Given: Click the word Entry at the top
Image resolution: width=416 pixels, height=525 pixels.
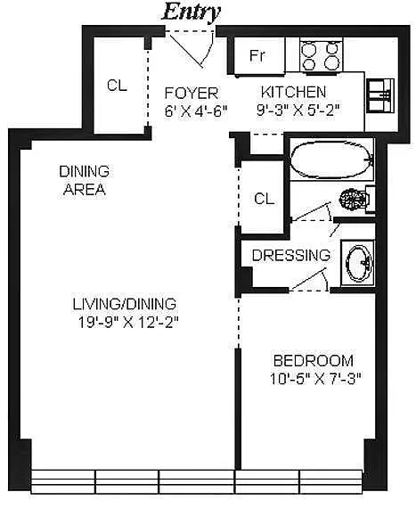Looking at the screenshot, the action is tap(192, 12).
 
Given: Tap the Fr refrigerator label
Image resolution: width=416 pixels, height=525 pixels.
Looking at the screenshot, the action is tap(257, 55).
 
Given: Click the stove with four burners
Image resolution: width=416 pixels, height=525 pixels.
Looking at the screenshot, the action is tap(322, 54).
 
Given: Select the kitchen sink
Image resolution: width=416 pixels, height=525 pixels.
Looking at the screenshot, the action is tap(380, 95).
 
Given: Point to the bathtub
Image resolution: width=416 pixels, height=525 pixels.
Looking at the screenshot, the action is tap(331, 160).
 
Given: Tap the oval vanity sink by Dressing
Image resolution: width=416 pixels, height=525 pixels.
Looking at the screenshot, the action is tap(359, 264).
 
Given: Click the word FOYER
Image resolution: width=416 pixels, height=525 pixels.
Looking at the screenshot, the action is tap(192, 93).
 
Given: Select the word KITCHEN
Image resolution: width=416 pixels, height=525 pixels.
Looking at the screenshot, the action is tap(293, 92).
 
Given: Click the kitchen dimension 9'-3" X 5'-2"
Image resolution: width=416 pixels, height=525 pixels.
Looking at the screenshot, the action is tap(298, 111).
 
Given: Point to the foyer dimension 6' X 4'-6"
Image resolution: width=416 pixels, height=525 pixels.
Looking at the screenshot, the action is tap(196, 111).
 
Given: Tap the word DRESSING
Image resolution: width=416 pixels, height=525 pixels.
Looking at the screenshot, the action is tap(291, 255).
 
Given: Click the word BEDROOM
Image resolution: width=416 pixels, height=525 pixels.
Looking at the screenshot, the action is tap(314, 361).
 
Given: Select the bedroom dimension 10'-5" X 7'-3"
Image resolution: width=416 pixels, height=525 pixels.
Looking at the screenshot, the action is tap(315, 379).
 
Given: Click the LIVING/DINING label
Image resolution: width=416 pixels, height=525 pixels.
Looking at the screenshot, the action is tap(125, 304).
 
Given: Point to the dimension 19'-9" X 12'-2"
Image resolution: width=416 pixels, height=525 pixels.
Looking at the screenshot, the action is tap(128, 323).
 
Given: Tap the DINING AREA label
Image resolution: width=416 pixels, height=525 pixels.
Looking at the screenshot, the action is tap(84, 180).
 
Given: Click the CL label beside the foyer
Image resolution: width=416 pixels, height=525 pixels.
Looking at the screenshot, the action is tap(117, 86).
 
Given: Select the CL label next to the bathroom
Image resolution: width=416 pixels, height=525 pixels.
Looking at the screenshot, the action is tap(264, 199).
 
